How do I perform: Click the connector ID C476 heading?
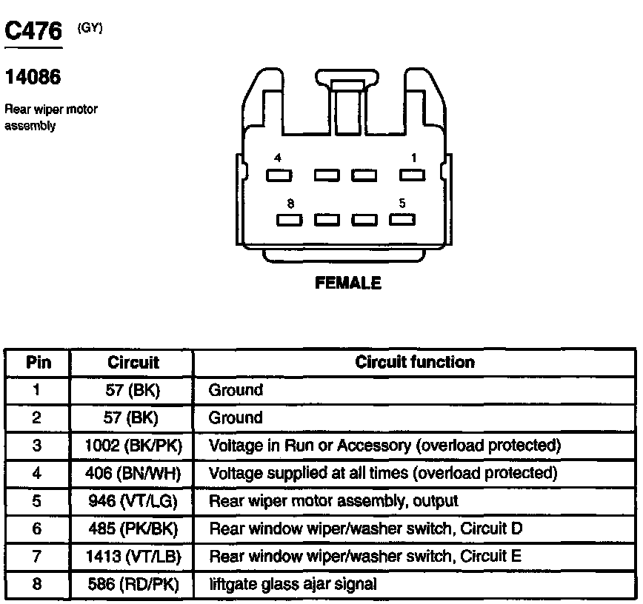[x=33, y=31]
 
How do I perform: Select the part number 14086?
[x=33, y=77]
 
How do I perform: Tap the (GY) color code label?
[x=90, y=27]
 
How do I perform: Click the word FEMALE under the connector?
[x=348, y=283]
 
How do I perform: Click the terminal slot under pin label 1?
[x=412, y=175]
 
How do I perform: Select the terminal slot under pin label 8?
[x=289, y=219]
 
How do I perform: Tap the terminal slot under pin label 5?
[x=402, y=219]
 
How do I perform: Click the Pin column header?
[x=39, y=363]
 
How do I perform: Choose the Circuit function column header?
[x=415, y=363]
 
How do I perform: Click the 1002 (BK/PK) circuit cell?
[x=133, y=446]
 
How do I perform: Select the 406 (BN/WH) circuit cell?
[x=133, y=473]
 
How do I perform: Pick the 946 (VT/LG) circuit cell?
[x=133, y=501]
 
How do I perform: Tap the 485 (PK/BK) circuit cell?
[x=133, y=528]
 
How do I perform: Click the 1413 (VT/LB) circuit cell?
[x=133, y=556]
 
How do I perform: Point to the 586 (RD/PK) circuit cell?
[x=133, y=584]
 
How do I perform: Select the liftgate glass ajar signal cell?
[x=293, y=584]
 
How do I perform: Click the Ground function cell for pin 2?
[x=236, y=417]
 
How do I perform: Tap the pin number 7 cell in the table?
[x=37, y=556]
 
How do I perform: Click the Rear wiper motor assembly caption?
[x=51, y=118]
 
